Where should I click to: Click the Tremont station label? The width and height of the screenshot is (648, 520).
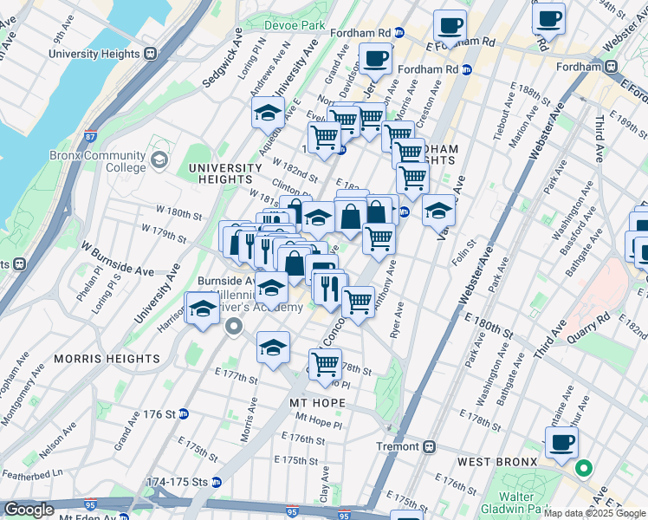[x=397, y=446]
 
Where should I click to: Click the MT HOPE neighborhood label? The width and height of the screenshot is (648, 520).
[x=318, y=403]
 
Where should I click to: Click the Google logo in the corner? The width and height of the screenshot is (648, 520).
[x=29, y=510]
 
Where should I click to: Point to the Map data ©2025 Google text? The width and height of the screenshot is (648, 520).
[x=594, y=513]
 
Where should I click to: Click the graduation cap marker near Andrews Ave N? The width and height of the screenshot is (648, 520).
[x=269, y=113]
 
